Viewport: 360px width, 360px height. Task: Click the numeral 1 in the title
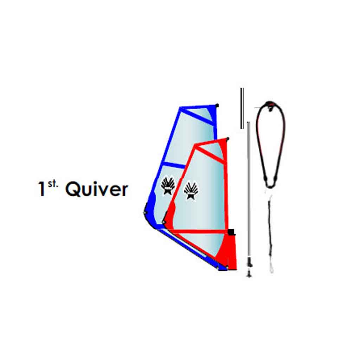pyautogui.click(x=41, y=188)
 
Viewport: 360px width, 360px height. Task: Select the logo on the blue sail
pyautogui.click(x=168, y=185)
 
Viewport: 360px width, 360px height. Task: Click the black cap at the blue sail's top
pyautogui.click(x=217, y=105)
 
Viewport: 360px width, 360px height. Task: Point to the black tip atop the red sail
pyautogui.click(x=227, y=139)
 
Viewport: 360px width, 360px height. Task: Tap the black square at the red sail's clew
pyautogui.click(x=231, y=232)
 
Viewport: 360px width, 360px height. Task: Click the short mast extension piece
pyautogui.click(x=242, y=108)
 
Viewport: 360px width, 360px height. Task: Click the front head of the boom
pyautogui.click(x=270, y=105)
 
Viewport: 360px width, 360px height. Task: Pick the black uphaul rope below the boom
pyautogui.click(x=270, y=230)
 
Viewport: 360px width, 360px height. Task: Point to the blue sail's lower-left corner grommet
pyautogui.click(x=145, y=213)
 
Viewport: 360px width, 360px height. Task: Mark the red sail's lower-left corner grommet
pyautogui.click(x=164, y=222)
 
